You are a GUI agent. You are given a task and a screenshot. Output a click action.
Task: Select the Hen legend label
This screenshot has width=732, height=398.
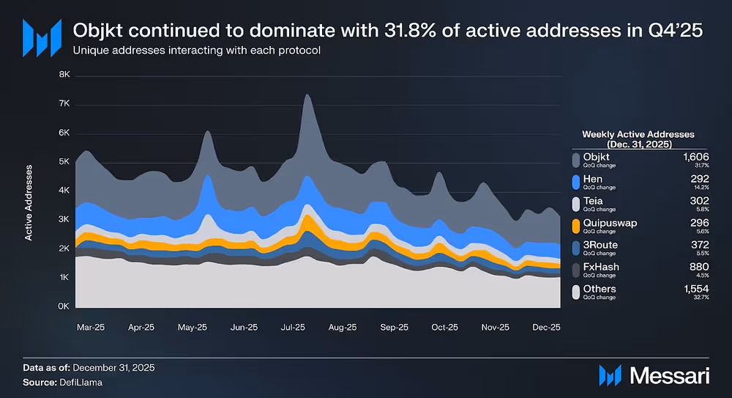[x=591, y=179]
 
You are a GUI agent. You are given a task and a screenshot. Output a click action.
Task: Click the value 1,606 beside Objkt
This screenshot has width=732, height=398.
[x=696, y=157]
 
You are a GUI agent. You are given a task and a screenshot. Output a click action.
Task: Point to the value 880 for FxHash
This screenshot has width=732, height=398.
[x=701, y=267]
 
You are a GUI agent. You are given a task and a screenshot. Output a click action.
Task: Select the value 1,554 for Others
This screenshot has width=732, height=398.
[x=696, y=289]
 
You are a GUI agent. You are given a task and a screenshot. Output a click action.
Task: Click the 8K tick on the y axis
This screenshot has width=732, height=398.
[x=64, y=75]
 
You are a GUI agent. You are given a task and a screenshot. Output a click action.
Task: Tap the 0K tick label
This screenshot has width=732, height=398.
[x=64, y=306]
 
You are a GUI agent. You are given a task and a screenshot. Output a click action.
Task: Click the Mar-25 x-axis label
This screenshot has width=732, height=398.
[x=91, y=328]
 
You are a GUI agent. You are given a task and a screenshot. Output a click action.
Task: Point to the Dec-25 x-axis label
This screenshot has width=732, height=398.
[x=545, y=328]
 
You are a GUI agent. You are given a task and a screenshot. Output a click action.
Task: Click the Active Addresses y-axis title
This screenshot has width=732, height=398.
[x=29, y=203]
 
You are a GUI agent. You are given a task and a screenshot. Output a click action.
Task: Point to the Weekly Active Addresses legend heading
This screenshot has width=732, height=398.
[x=638, y=139]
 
